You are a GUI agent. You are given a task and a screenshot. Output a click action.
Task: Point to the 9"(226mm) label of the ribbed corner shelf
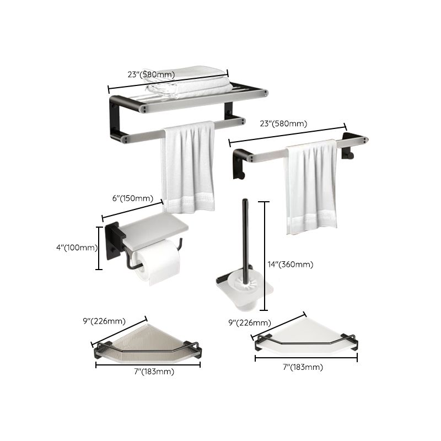pos(103,321)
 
